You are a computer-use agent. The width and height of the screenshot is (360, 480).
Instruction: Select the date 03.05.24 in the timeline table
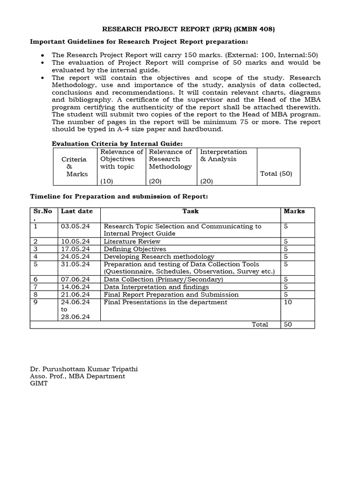74,226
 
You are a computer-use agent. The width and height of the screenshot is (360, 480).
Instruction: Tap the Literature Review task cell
125,241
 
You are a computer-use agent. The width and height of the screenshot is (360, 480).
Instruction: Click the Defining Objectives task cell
135,249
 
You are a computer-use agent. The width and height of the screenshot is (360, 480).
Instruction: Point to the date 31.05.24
74,264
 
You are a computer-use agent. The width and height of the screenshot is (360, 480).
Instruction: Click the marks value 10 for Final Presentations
288,302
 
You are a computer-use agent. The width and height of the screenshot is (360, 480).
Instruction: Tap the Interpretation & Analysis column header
223,155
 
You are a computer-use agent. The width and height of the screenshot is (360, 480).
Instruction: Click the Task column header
190,211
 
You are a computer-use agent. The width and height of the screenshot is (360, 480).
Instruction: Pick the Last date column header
77,211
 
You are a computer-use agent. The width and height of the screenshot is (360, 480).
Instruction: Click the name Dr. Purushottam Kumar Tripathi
84,369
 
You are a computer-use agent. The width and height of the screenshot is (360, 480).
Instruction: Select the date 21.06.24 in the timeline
74,294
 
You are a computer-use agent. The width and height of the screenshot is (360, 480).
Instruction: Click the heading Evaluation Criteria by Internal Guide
117,143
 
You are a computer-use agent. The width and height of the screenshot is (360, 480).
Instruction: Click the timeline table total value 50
288,324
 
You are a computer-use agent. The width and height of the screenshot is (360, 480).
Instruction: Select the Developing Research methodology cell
159,256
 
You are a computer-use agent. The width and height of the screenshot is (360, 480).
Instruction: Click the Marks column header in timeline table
294,211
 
